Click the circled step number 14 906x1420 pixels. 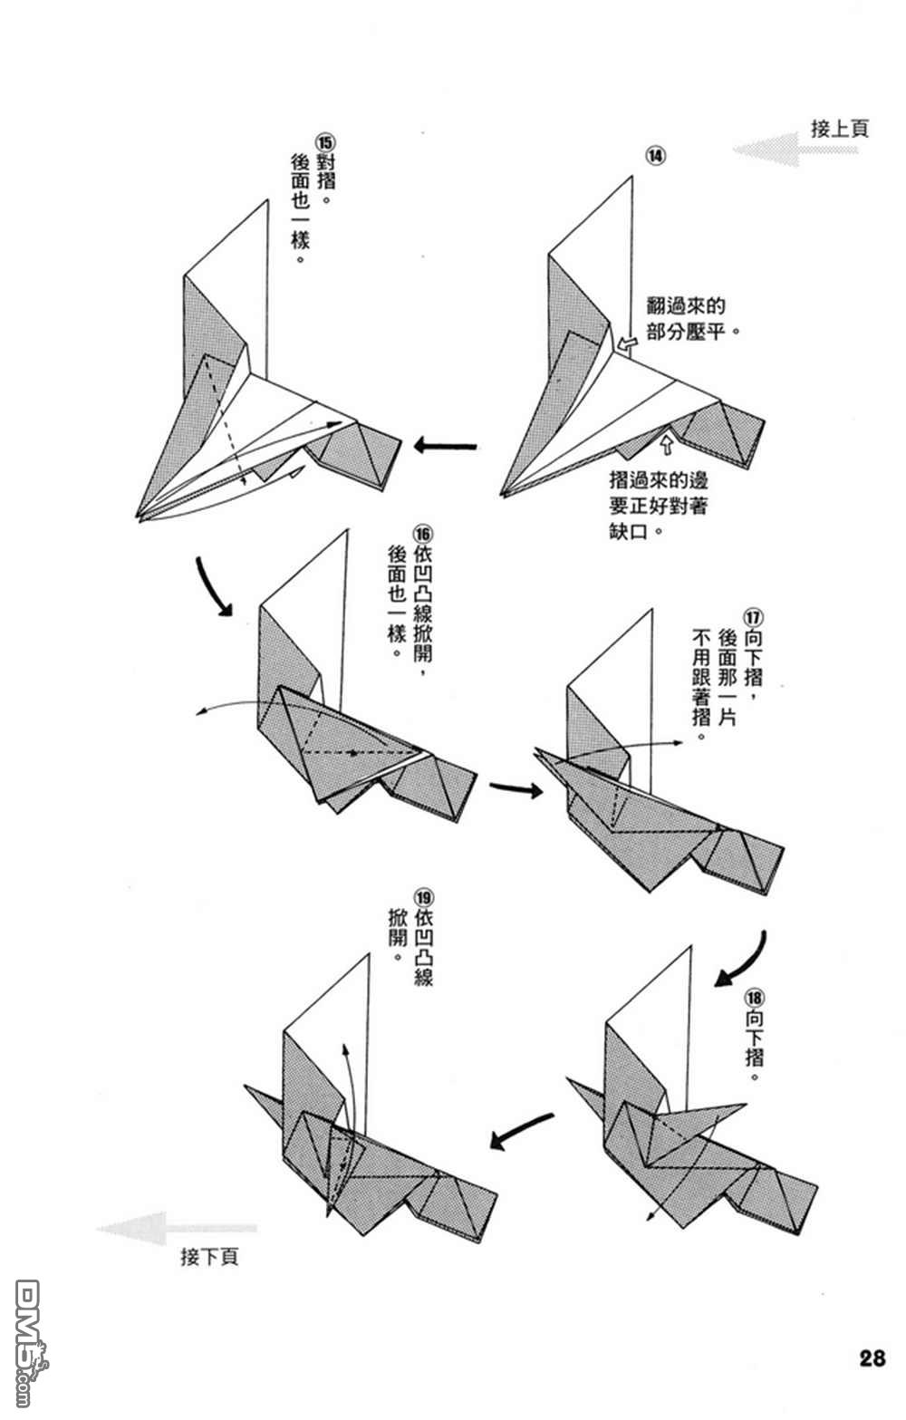[655, 155]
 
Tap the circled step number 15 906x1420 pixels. [323, 143]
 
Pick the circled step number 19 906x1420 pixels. [422, 898]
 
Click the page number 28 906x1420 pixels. [872, 1358]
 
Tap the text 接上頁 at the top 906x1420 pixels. [839, 129]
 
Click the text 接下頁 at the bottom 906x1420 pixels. [209, 1257]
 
